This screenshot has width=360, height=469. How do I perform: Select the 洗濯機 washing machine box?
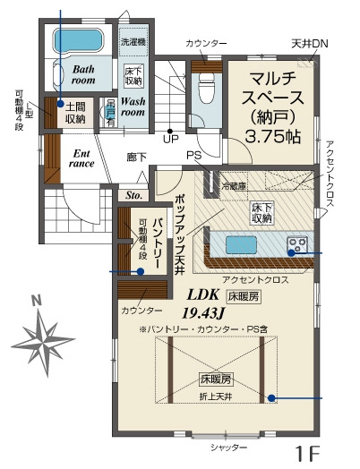[x=135, y=42]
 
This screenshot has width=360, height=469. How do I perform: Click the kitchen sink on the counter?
[x=239, y=245]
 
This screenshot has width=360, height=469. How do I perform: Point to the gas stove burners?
[x=296, y=244]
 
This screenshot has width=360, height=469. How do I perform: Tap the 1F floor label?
[x=307, y=453]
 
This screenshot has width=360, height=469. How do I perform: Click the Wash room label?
[x=133, y=107]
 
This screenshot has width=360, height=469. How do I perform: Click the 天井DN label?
[x=307, y=43]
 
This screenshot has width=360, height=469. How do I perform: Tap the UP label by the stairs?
[x=169, y=139]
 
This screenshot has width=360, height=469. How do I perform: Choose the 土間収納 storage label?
[x=75, y=112]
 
